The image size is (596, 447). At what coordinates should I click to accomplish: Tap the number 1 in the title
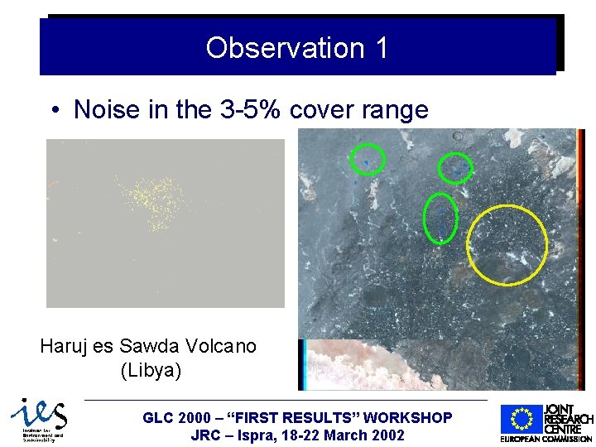381,48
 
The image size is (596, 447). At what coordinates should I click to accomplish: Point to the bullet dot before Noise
54,110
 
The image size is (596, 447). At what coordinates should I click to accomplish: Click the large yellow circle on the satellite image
507,244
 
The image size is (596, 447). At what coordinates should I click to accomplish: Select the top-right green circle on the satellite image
455,168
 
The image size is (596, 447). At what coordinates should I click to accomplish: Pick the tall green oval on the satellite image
440,218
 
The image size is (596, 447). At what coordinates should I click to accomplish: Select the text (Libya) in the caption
151,370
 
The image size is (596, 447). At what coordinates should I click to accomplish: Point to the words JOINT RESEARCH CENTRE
568,419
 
